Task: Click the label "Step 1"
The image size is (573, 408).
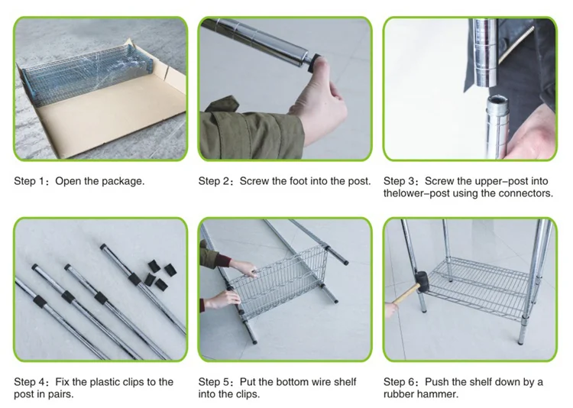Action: click(29, 181)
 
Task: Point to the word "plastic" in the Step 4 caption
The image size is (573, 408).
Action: click(104, 383)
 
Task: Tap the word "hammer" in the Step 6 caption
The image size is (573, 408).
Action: click(438, 394)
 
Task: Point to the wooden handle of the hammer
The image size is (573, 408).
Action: click(405, 294)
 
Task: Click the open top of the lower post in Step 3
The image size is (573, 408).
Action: click(497, 100)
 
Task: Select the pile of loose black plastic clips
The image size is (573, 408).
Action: click(160, 275)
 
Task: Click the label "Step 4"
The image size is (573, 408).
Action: click(29, 382)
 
